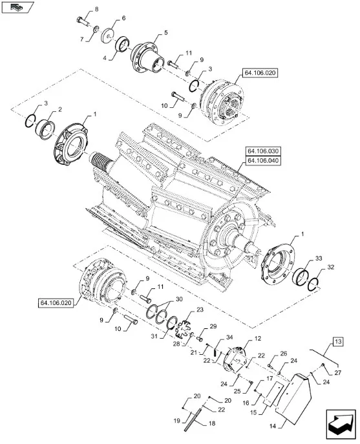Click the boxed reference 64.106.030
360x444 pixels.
tap(263, 151)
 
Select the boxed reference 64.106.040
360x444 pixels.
tap(263, 160)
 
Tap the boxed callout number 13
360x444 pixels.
tap(338, 342)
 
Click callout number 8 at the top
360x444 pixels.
tap(96, 9)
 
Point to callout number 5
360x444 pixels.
tap(165, 32)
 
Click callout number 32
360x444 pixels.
tap(330, 267)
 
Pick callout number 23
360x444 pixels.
tap(200, 310)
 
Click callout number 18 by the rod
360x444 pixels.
tap(212, 423)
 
